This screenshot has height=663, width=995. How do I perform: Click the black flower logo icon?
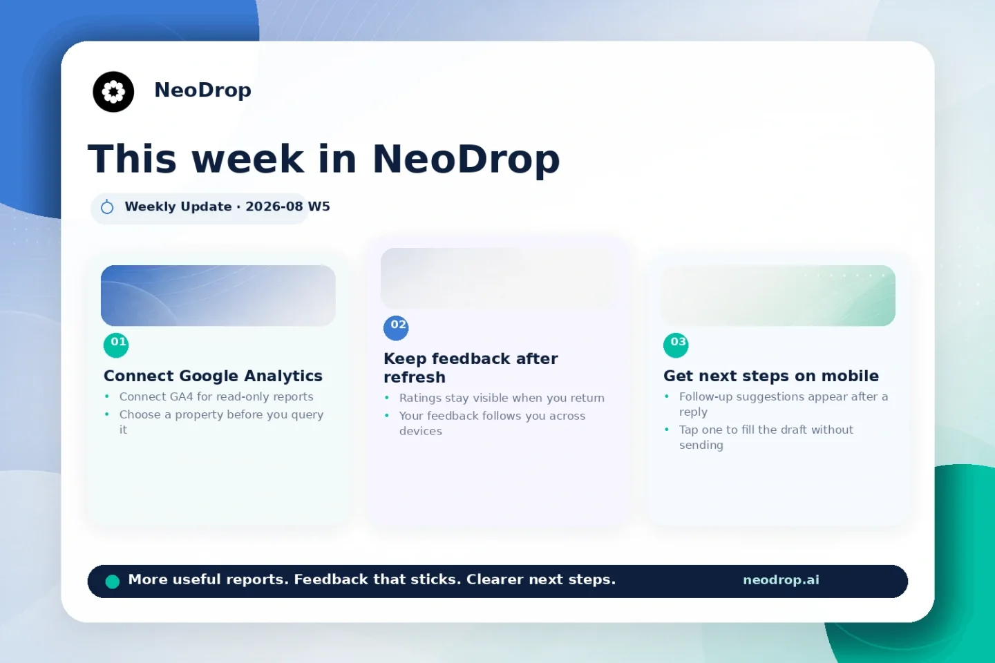(113, 91)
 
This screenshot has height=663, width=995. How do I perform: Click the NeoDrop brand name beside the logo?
(202, 90)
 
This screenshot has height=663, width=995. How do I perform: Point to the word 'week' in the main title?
(248, 159)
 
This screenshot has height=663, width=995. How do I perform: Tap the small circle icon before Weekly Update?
(107, 207)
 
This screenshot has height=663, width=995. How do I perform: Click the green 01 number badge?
(116, 345)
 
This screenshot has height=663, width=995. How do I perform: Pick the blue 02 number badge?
(396, 328)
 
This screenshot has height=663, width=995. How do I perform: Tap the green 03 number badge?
(676, 345)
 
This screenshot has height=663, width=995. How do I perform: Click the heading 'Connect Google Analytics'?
(213, 376)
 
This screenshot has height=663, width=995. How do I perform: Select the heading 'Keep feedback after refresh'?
(471, 367)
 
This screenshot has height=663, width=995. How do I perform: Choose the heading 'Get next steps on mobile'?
(770, 376)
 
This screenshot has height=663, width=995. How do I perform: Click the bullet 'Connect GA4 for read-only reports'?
(216, 396)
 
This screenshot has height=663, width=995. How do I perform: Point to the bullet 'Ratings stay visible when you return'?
(502, 398)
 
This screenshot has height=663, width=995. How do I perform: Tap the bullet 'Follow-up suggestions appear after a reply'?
(783, 404)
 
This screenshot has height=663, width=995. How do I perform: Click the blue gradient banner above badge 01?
(218, 296)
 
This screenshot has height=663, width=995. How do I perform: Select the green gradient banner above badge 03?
(778, 296)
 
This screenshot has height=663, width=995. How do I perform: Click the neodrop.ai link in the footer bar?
(781, 580)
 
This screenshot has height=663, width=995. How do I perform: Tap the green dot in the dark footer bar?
(113, 582)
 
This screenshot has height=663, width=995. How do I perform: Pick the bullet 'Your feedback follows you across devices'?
(492, 423)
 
